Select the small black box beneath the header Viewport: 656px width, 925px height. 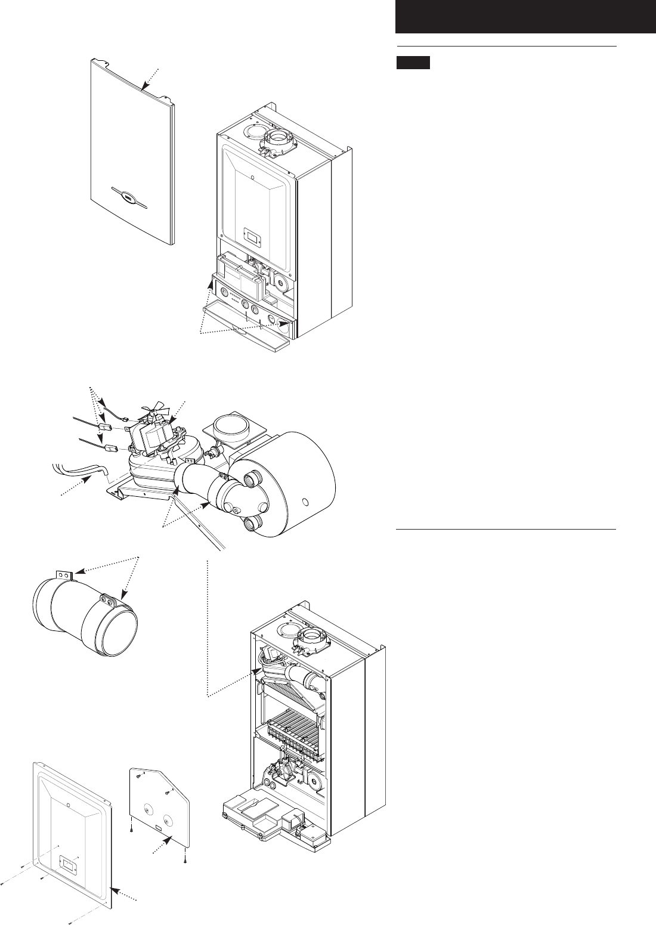coord(413,63)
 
